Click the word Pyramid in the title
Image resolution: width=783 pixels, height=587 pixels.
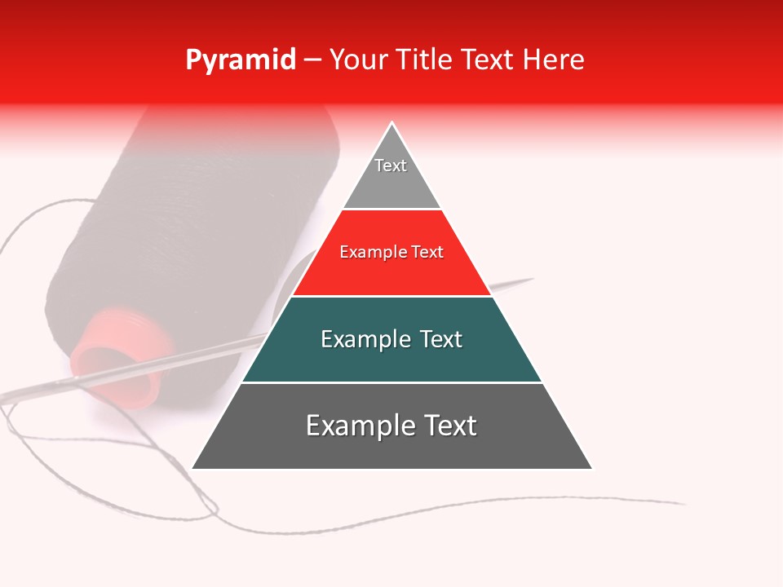(x=240, y=61)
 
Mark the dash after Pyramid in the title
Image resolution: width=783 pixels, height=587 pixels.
(x=312, y=61)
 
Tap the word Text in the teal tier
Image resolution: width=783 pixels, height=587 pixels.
(x=440, y=339)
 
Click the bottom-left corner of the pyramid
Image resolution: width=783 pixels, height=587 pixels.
(x=193, y=468)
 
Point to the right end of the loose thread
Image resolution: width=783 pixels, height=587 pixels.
(x=683, y=503)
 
